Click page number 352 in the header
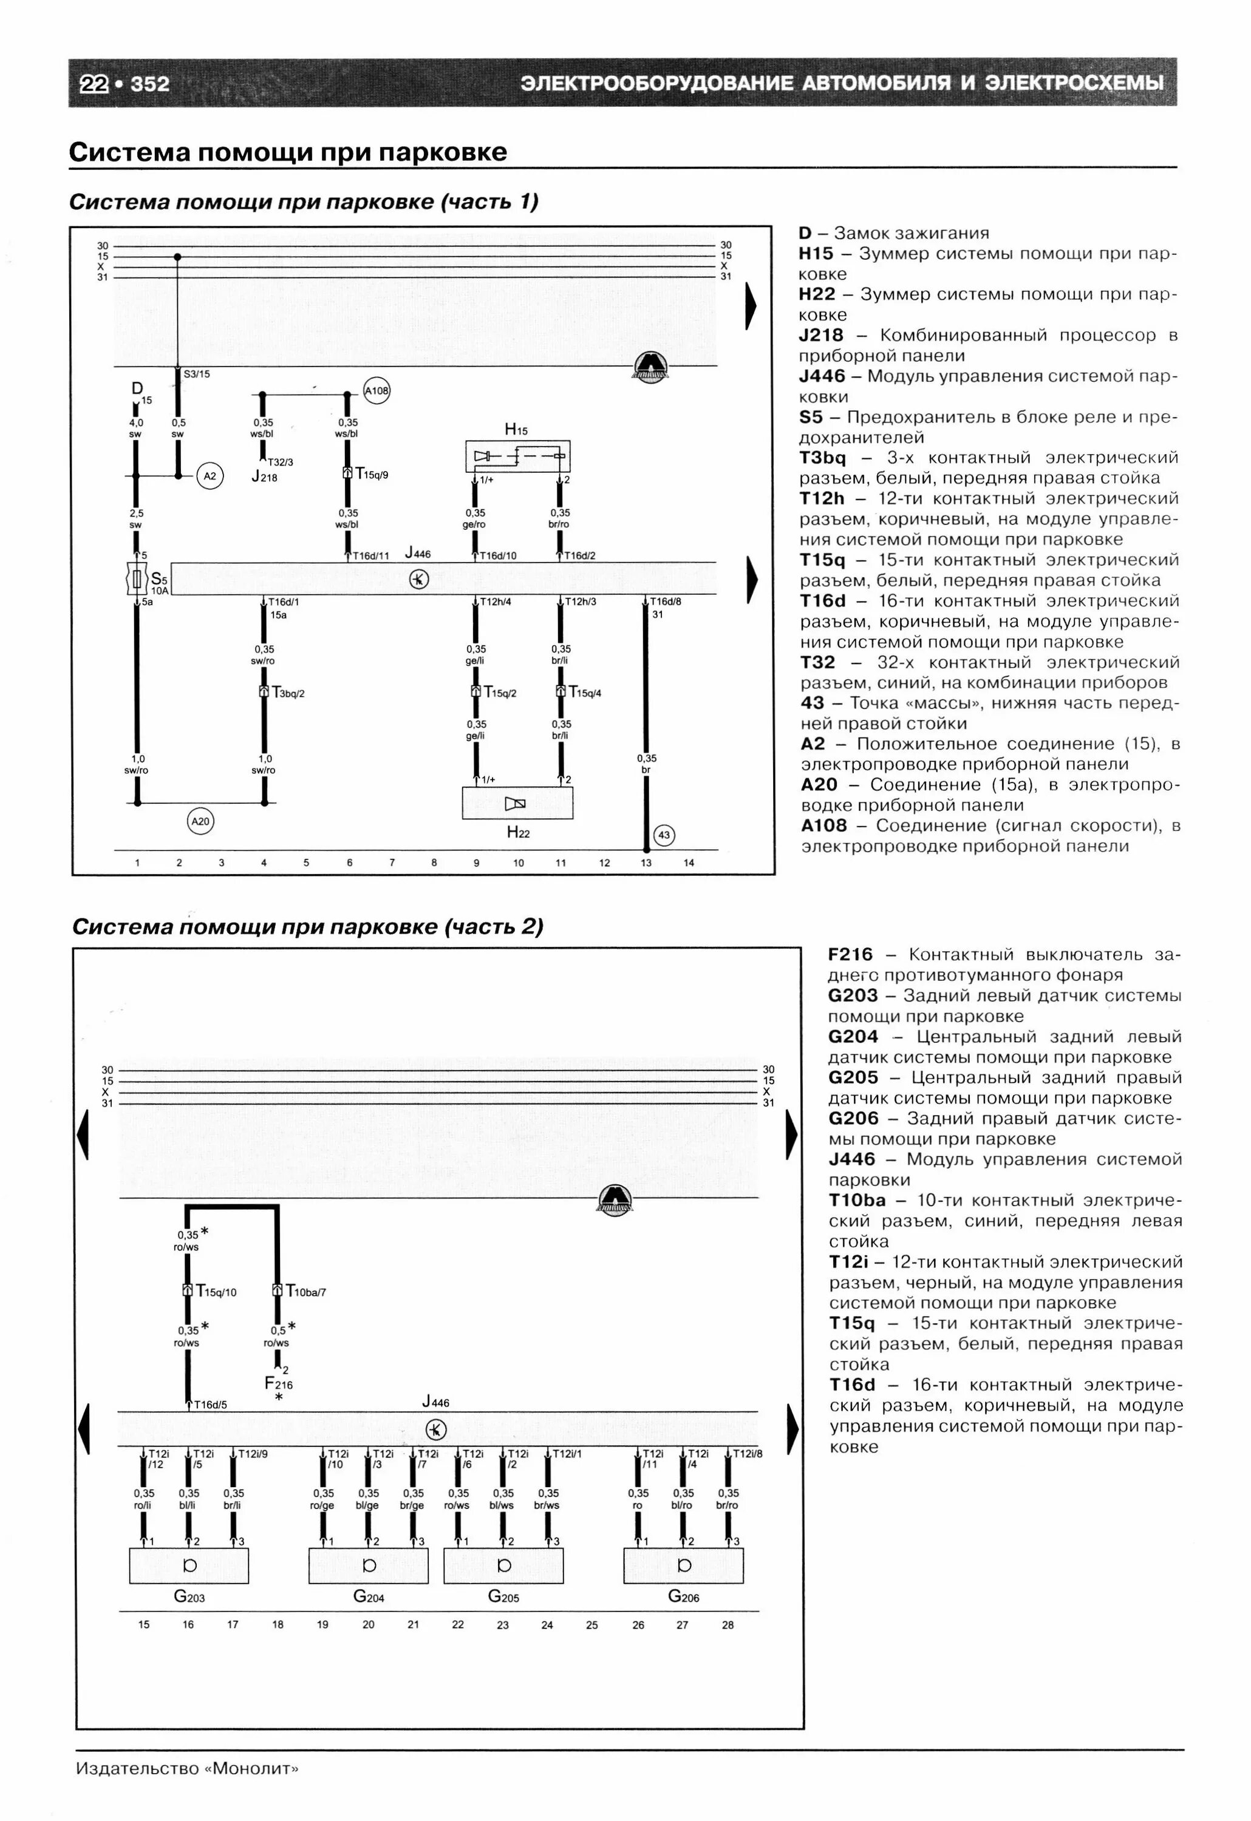pyautogui.click(x=150, y=83)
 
